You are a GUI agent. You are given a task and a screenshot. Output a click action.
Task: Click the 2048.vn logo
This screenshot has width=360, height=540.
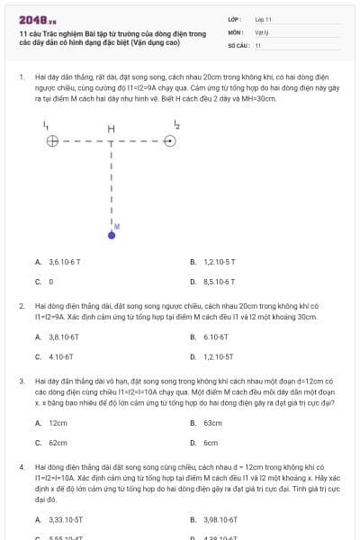click(x=37, y=19)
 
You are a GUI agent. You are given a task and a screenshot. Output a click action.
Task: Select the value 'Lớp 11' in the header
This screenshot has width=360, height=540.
click(x=263, y=19)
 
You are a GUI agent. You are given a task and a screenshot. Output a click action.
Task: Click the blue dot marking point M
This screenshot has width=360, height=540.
click(x=112, y=234)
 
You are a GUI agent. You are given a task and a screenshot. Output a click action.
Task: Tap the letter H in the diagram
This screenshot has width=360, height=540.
click(x=111, y=130)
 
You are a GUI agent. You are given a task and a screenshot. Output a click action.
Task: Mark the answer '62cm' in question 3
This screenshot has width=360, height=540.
click(x=58, y=442)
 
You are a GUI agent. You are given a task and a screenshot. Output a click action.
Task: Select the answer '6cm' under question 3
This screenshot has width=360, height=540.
click(x=211, y=442)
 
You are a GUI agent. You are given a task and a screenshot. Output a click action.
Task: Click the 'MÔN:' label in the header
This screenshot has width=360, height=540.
click(x=235, y=31)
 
